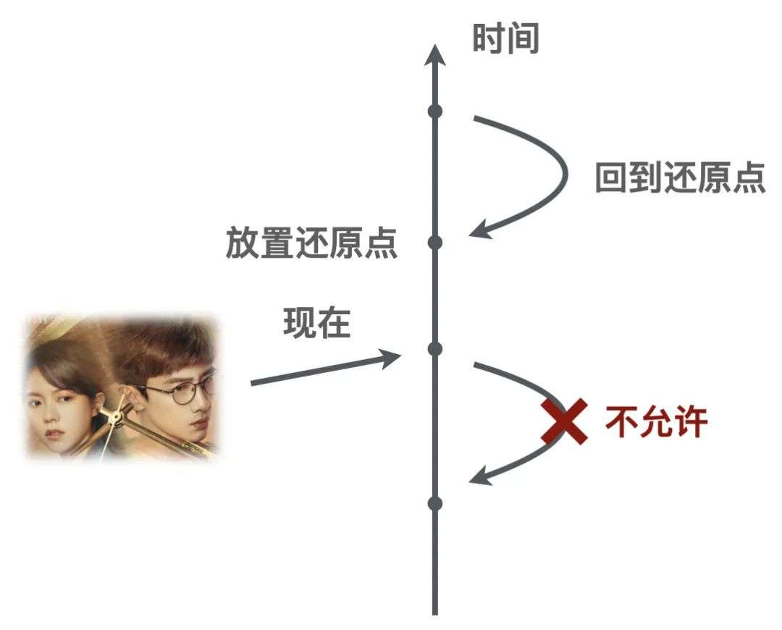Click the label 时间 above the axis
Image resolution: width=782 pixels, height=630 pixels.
coord(505,38)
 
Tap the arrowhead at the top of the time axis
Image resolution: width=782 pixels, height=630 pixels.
coord(435,55)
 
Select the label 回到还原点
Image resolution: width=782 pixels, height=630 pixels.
coord(680,177)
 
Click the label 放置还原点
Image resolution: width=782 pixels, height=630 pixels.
coord(311,243)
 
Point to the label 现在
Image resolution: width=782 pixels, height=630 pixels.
coord(317,323)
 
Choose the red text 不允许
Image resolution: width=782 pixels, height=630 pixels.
coord(656,422)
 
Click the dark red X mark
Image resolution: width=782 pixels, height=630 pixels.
coord(564,421)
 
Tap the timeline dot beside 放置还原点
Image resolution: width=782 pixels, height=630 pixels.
coord(435,243)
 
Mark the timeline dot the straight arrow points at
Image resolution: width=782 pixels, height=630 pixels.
coord(435,348)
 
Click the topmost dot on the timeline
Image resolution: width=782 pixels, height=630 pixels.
coord(435,111)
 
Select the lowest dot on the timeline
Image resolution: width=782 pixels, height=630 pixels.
coord(435,503)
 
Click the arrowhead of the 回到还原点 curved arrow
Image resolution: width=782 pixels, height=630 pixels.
coord(480,230)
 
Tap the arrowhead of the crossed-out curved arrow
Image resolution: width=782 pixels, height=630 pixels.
coord(480,475)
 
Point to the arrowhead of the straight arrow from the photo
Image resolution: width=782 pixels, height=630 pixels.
coord(390,358)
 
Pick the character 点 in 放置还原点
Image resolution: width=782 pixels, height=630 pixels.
coord(381,243)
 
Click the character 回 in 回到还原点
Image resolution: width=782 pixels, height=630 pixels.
coord(611,178)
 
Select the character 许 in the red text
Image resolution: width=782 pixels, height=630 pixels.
coord(691,422)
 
